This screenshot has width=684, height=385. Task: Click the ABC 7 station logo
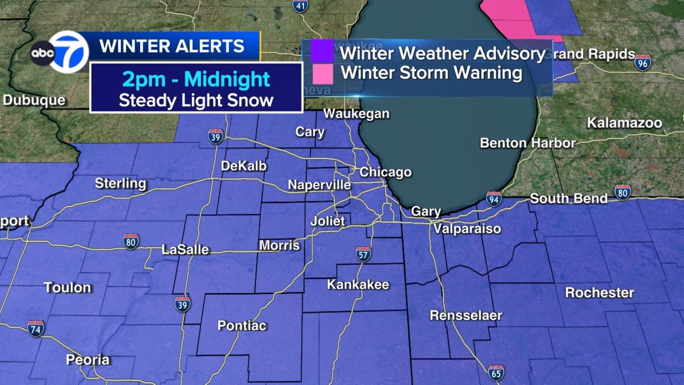click(x=60, y=52)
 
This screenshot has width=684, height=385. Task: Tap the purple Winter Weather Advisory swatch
click(x=322, y=51)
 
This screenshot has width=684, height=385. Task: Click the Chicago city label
click(x=385, y=172)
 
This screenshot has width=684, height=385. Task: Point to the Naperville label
click(x=319, y=185)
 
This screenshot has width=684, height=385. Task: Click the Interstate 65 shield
click(x=496, y=373)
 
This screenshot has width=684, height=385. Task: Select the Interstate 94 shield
click(x=494, y=199)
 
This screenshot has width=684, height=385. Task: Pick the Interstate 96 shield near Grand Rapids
click(x=643, y=63)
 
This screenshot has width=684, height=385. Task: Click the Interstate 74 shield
click(x=35, y=329)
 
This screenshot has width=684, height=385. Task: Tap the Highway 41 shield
click(x=301, y=6)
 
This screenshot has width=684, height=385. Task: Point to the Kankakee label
click(x=358, y=284)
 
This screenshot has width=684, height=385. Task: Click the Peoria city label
click(x=88, y=360)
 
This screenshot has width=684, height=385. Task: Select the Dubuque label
click(x=34, y=100)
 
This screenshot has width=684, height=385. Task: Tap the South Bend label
click(x=569, y=198)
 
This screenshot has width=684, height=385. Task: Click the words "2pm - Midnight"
click(x=196, y=79)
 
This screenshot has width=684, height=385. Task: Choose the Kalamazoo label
click(x=624, y=123)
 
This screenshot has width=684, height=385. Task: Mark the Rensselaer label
click(x=466, y=315)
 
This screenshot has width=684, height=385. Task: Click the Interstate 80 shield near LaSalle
click(x=130, y=242)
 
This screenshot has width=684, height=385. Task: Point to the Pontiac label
click(x=242, y=326)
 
